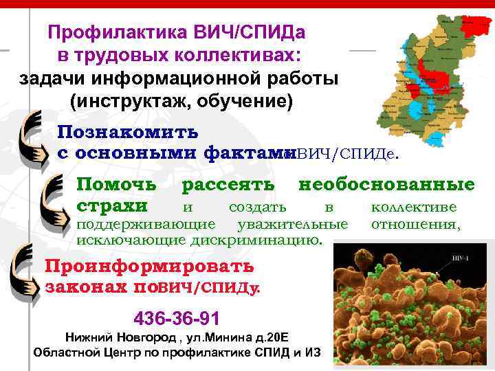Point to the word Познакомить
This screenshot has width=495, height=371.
pyautogui.click(x=128, y=131)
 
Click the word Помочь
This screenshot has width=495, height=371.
pyautogui.click(x=115, y=184)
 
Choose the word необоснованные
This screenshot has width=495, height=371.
pyautogui.click(x=386, y=184)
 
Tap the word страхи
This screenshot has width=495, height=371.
pyautogui.click(x=111, y=206)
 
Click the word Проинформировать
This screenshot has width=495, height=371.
pyautogui.click(x=148, y=266)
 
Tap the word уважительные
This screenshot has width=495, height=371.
pyautogui.click(x=292, y=224)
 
